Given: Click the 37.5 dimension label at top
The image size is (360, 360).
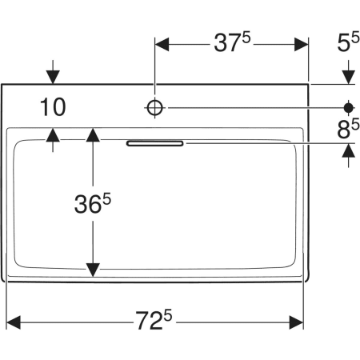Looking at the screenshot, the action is (x=232, y=42).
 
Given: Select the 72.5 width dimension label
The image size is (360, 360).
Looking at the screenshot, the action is (x=154, y=320).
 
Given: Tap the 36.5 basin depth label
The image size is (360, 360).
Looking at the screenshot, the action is (x=93, y=204).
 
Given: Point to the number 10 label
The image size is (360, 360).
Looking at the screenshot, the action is (x=53, y=107).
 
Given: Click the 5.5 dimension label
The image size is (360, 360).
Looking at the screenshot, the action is (x=348, y=42).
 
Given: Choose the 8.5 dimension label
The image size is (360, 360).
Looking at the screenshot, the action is (x=348, y=129).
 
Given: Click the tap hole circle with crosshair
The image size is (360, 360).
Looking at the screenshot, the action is (x=155, y=108).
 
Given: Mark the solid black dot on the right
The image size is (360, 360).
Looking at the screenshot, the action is (x=348, y=108).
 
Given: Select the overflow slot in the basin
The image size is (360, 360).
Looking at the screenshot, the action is (x=155, y=143).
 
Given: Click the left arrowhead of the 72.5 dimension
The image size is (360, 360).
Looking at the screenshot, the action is (x=14, y=322).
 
